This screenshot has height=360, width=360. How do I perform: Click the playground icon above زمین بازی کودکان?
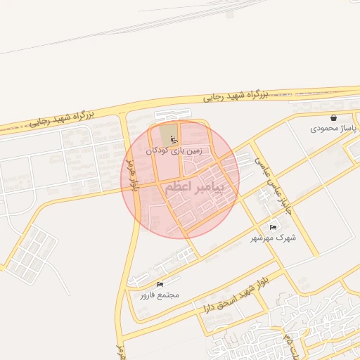(173, 139)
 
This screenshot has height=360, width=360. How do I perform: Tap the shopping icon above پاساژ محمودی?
(333, 117)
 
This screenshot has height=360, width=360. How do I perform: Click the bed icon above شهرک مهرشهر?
(274, 226)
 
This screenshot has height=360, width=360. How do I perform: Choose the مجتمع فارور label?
(159, 295)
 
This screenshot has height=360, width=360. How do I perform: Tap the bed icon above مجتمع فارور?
(160, 283)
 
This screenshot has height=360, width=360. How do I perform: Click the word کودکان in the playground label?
(157, 150)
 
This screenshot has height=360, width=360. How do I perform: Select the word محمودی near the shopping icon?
(325, 129)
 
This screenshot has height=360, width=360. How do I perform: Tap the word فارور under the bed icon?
(147, 295)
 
